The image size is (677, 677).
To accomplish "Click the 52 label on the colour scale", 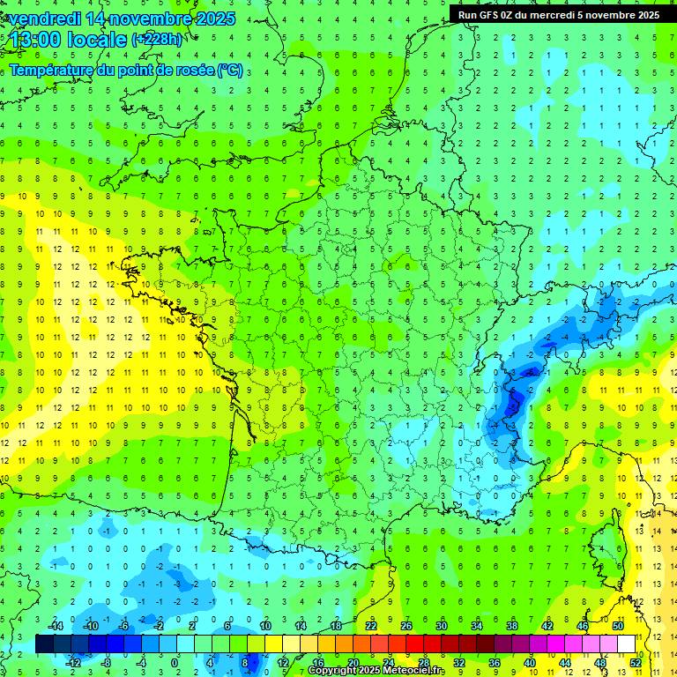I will pos(636,662).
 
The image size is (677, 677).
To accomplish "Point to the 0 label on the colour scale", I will pos(175,662).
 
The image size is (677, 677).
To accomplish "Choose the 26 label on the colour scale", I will pos(406,626).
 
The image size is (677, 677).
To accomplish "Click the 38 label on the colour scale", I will pos(511,626).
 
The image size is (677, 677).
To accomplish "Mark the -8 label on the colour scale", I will pos(106,662).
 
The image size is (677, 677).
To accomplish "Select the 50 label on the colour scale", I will pos(617,626).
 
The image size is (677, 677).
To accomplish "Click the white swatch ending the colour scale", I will pos(626,644).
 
